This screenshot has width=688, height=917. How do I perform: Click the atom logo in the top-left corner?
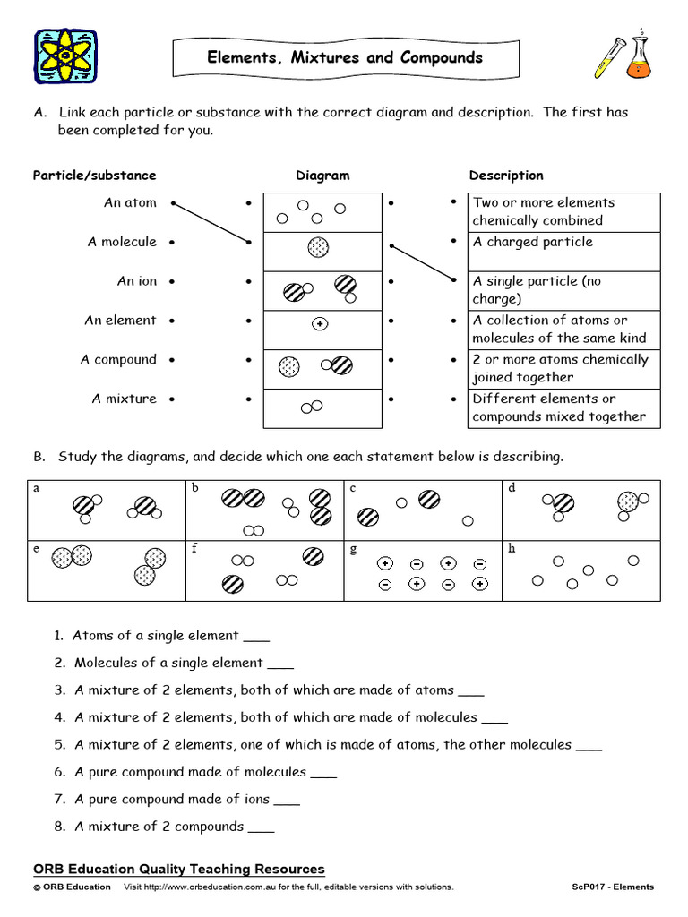click(x=65, y=57)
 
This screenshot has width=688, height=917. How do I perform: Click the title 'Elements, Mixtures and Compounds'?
click(x=345, y=58)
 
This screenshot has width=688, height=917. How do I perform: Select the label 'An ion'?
click(x=136, y=281)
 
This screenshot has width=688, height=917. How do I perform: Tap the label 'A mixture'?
click(x=124, y=399)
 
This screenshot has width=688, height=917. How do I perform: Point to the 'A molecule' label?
click(x=122, y=242)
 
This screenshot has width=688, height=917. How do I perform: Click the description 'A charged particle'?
click(x=532, y=242)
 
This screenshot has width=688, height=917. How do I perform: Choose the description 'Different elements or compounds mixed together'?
click(x=559, y=407)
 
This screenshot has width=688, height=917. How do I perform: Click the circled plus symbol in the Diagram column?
click(x=319, y=324)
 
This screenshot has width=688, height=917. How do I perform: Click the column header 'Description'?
click(x=506, y=176)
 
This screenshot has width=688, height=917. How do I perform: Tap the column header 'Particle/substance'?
click(x=94, y=176)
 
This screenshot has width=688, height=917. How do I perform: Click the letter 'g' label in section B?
click(x=354, y=549)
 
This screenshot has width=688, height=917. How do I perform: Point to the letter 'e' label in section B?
click(x=36, y=549)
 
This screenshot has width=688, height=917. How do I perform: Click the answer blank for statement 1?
click(x=256, y=638)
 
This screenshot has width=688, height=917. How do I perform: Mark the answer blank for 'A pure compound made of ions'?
click(x=287, y=801)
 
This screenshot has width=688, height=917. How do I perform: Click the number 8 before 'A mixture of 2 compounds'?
click(x=59, y=827)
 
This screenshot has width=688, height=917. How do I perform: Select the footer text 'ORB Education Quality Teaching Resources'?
click(x=179, y=870)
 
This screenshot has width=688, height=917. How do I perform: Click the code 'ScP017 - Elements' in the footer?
click(x=613, y=887)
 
